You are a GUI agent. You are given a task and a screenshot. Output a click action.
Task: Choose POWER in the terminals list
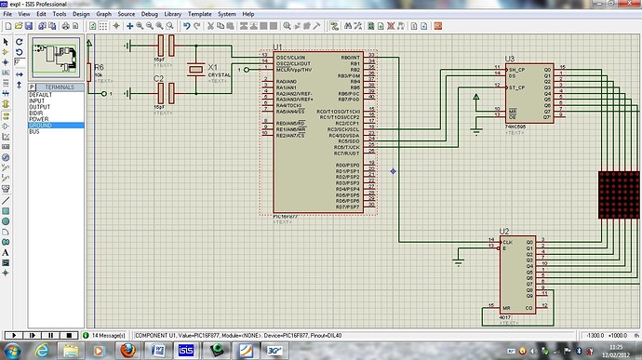[x=40, y=119]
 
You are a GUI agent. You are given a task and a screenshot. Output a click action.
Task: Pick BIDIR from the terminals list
[x=38, y=113]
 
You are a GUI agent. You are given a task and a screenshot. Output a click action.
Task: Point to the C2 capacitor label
[x=158, y=79]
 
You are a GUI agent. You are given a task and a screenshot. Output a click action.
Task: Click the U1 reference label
[x=277, y=47]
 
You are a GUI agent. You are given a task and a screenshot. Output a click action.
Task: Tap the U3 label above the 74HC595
[x=509, y=59]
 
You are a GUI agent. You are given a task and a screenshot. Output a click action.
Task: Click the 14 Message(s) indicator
[x=110, y=334]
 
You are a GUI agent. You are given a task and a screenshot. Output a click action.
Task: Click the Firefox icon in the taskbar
[x=128, y=351]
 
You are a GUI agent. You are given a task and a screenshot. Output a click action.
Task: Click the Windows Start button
[x=13, y=351]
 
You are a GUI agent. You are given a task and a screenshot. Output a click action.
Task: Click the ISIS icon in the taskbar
[x=185, y=351]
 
